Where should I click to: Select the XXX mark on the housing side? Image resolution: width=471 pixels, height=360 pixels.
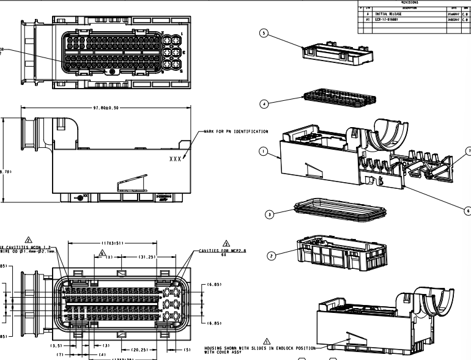pos(176,158)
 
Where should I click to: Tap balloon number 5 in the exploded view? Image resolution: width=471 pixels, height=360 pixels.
pos(264,34)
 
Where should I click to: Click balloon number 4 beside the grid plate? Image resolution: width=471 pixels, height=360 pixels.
pos(264,105)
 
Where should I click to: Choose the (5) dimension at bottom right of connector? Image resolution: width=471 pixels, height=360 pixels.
pos(187,350)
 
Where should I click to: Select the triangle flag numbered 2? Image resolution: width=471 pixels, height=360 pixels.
pos(28,239)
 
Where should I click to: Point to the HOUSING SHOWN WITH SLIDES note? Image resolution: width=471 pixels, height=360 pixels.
pos(257,349)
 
